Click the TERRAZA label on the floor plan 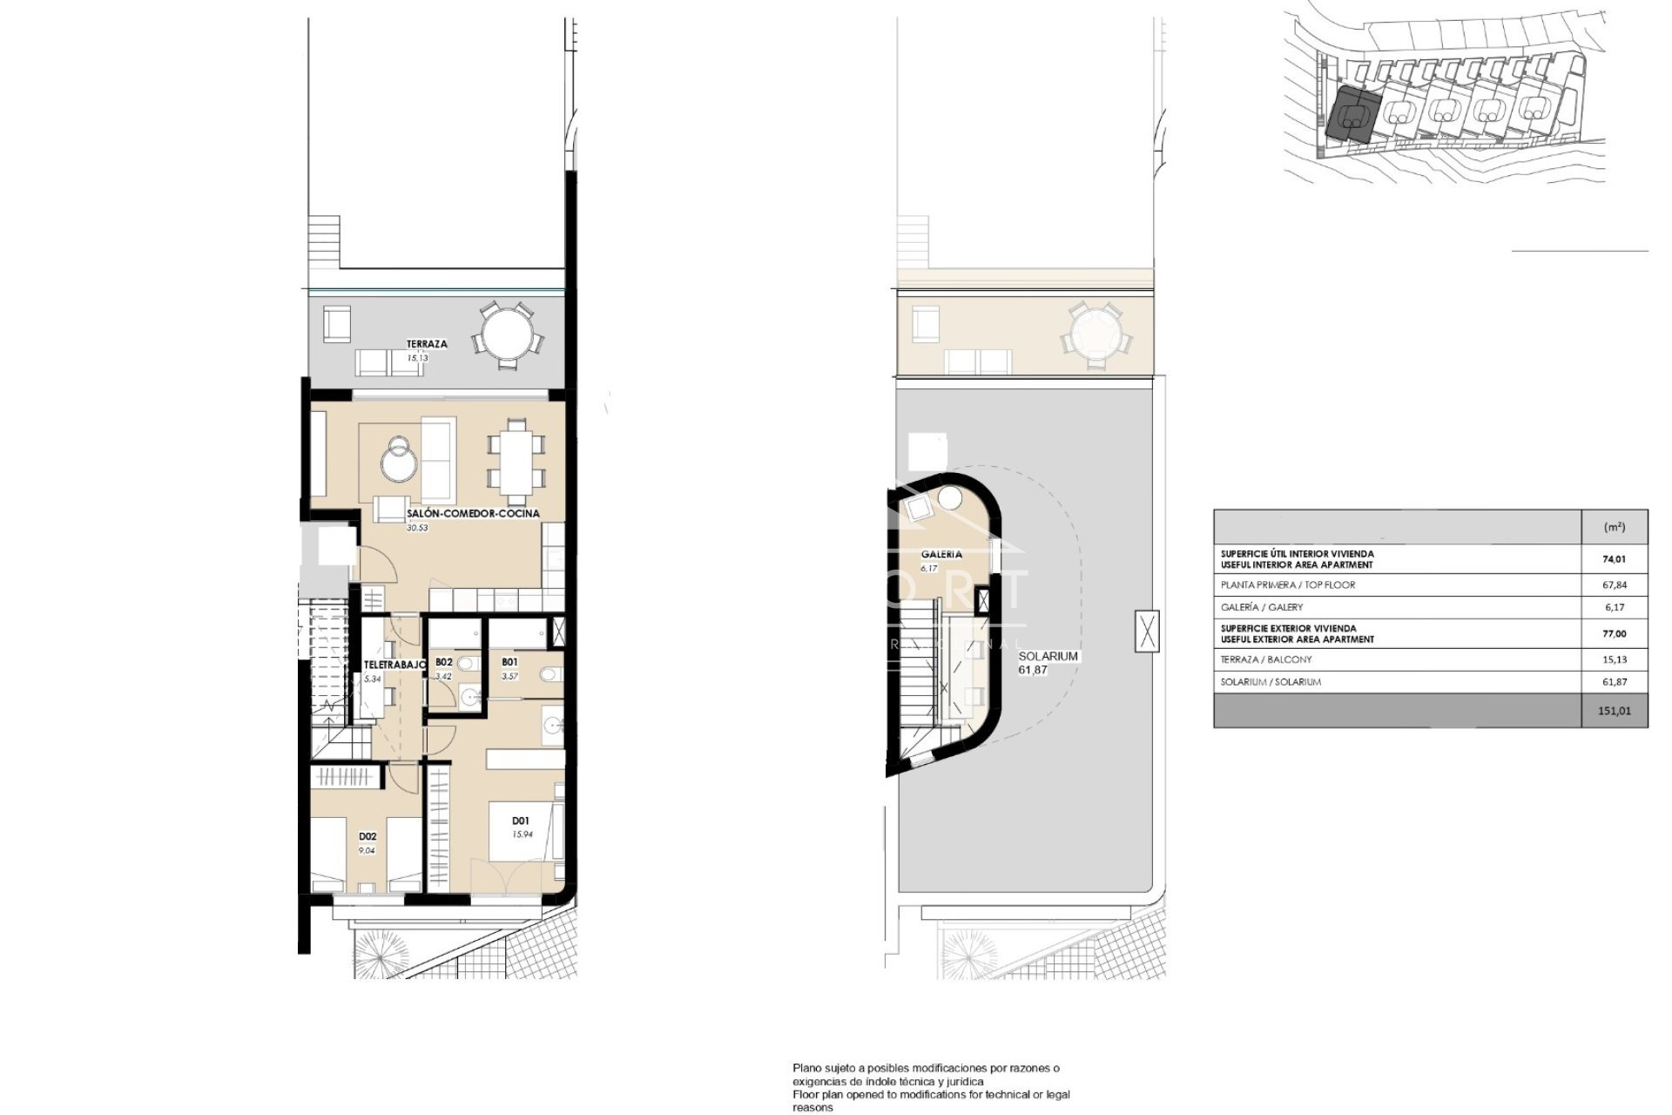[426, 344]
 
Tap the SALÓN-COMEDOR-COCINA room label [473, 513]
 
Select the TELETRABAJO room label [394, 665]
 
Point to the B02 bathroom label [443, 662]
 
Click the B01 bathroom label [509, 662]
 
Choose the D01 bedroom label [521, 821]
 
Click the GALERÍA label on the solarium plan [941, 554]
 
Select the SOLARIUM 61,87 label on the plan [1048, 662]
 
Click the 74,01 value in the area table [1614, 559]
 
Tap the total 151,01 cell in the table [1614, 711]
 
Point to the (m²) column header [1613, 528]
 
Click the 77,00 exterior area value [1614, 634]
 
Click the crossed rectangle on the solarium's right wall [1148, 632]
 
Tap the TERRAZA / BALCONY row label [1266, 660]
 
